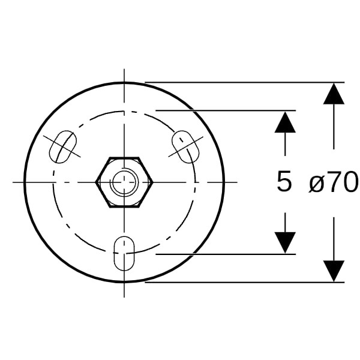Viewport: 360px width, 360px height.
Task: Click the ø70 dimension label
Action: click(333, 182)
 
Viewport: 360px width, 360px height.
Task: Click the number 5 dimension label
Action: click(284, 181)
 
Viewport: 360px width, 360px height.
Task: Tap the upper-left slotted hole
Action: click(63, 147)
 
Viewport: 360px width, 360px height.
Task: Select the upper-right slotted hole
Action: click(185, 147)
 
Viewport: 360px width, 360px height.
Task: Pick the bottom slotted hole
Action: click(124, 253)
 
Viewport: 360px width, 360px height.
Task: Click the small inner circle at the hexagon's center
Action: click(124, 182)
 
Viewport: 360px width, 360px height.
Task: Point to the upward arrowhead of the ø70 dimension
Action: click(334, 94)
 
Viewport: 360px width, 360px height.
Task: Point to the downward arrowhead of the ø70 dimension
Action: click(334, 271)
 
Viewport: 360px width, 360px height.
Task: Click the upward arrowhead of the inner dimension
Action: click(285, 122)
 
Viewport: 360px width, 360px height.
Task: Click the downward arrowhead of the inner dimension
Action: click(285, 242)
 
